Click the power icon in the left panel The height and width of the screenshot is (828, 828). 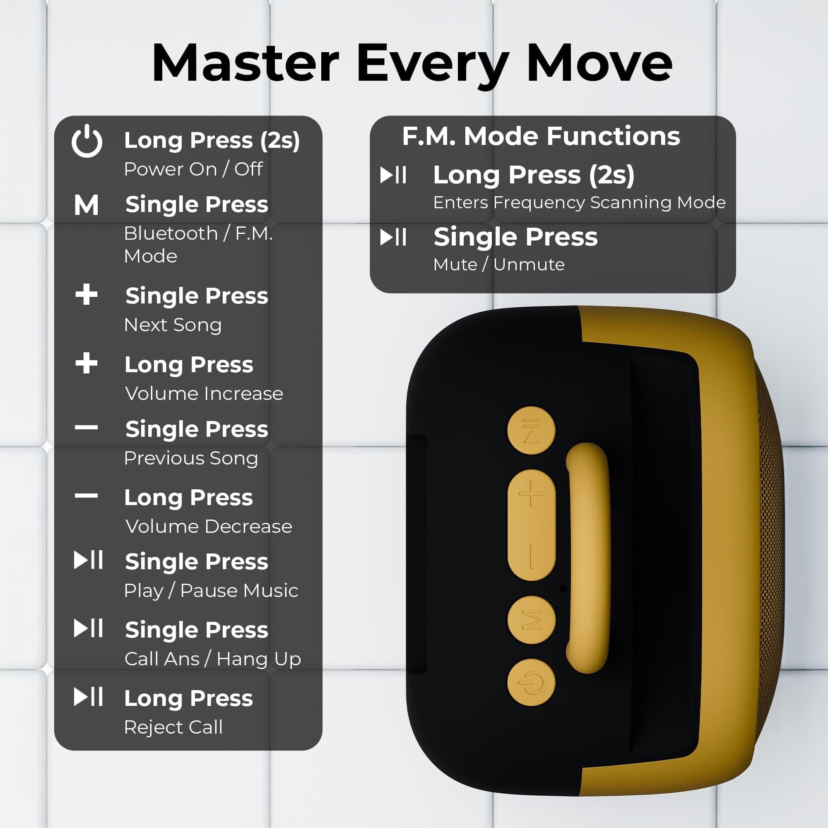87,141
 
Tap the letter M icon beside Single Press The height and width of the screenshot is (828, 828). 86,205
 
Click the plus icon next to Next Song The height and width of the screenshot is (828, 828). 87,294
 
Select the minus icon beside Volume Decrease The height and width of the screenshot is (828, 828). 86,496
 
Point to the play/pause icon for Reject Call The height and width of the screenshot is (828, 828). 88,696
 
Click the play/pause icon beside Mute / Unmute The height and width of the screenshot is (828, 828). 393,237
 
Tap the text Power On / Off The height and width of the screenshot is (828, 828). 193,169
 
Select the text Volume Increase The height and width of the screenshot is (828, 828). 204,393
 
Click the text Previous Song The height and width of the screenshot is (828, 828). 191,458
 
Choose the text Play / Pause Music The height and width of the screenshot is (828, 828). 211,591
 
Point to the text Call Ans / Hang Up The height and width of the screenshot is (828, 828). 212,659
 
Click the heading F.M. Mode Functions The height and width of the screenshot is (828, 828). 541,136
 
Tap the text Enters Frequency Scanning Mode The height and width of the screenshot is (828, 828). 580,202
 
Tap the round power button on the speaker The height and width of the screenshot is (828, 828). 532,682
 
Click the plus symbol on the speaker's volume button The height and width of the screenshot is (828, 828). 532,493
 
